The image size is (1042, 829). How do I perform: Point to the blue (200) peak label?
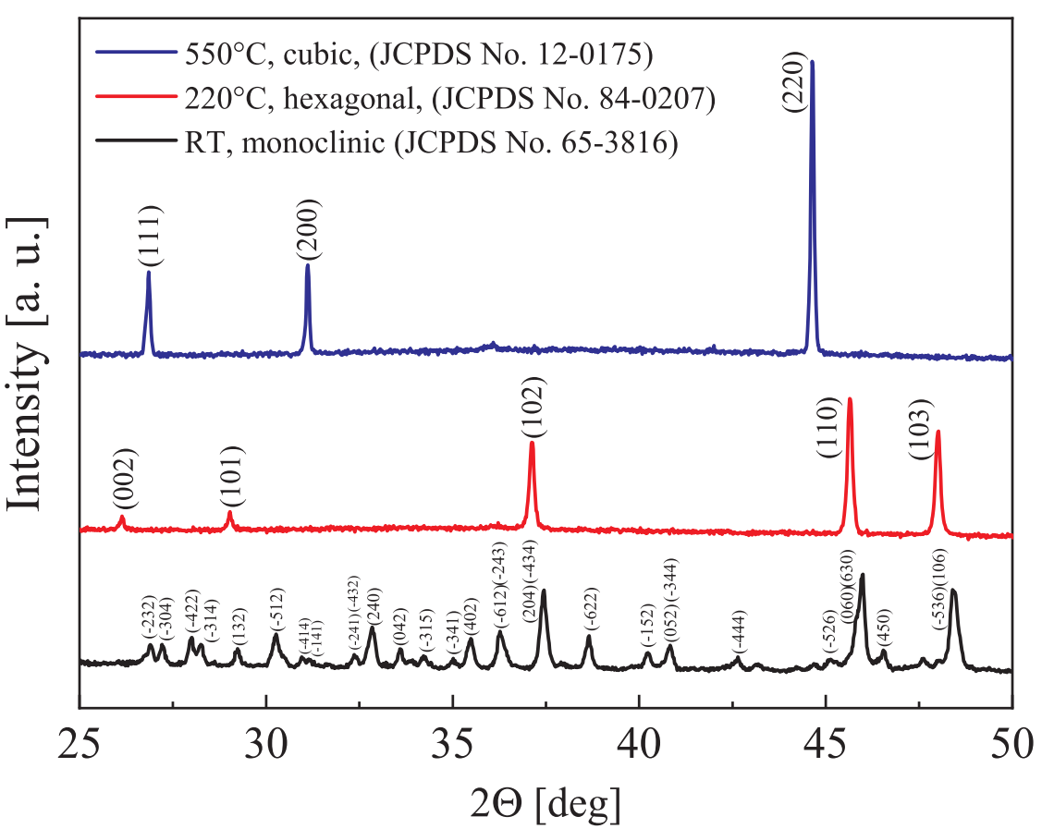pyautogui.click(x=308, y=228)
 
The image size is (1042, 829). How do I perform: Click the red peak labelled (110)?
pyautogui.click(x=850, y=462)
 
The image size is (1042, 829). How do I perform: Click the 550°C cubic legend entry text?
pyautogui.click(x=415, y=55)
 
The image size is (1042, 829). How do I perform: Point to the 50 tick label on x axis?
pyautogui.click(x=1010, y=744)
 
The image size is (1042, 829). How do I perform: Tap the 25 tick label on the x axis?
pyautogui.click(x=80, y=744)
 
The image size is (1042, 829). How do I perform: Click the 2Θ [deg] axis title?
pyautogui.click(x=546, y=800)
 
